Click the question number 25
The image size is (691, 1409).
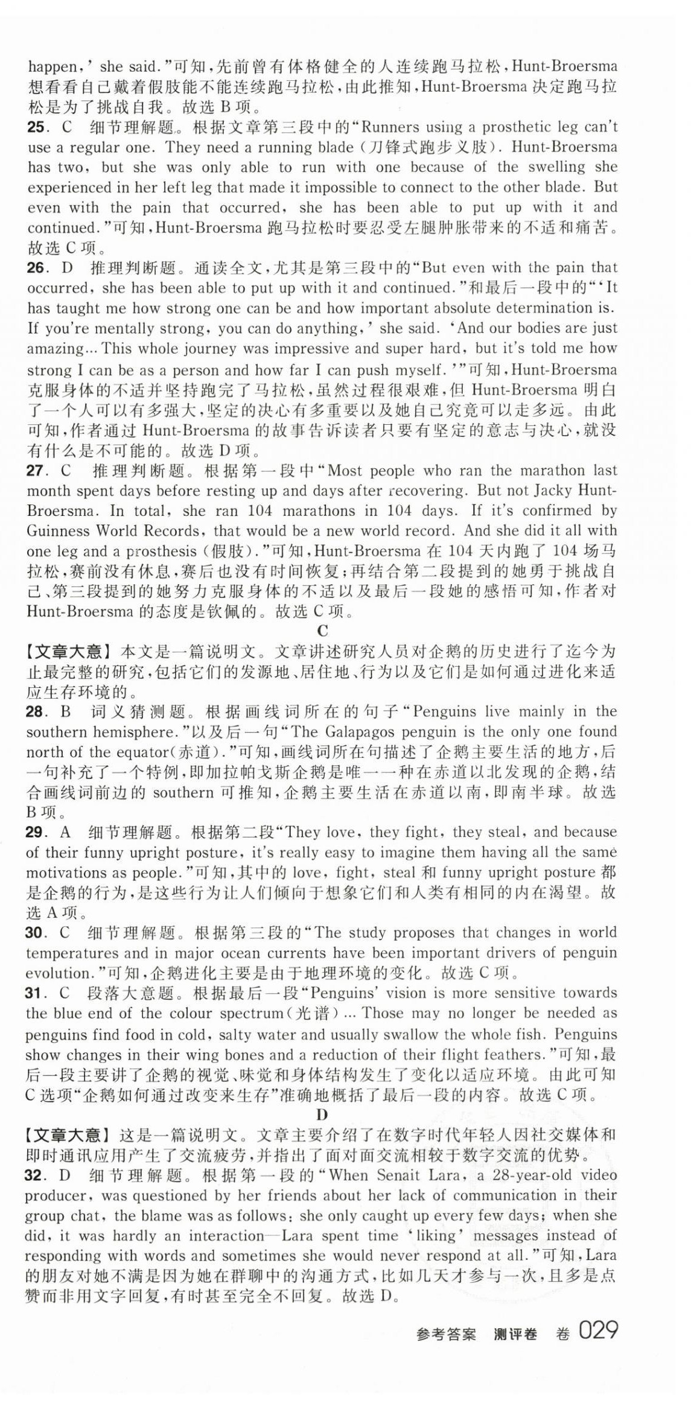click(x=37, y=127)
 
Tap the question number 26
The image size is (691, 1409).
click(x=37, y=267)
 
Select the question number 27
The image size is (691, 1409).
click(x=37, y=471)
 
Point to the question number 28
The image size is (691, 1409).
click(x=37, y=711)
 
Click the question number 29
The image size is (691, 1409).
click(x=37, y=832)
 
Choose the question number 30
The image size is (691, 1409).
click(x=37, y=933)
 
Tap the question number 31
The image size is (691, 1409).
click(x=37, y=993)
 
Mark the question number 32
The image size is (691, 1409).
click(x=37, y=1175)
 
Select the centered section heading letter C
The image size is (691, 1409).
click(x=323, y=631)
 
